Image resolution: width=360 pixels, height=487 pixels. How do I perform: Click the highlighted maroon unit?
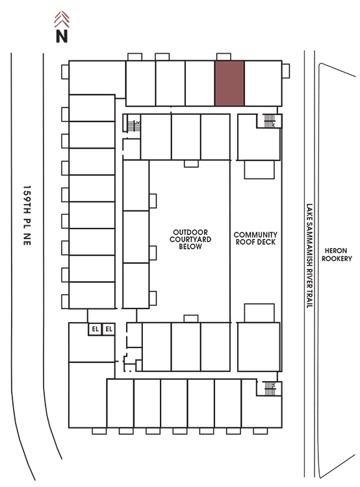click(x=229, y=83)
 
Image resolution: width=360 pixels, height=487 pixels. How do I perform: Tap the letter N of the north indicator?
click(x=62, y=36)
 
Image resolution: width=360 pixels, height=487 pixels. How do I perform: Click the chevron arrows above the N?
click(x=62, y=19)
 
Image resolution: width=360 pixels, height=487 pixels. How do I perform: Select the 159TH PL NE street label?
click(x=27, y=216)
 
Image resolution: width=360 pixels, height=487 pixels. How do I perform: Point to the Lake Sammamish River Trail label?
click(x=309, y=256)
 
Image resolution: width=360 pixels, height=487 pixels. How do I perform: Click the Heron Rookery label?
click(x=337, y=255)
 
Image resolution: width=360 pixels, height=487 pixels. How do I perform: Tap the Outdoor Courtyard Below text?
click(x=190, y=239)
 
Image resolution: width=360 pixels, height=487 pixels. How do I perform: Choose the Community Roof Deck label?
click(x=255, y=238)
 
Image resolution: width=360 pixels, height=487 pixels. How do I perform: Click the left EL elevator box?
click(x=95, y=329)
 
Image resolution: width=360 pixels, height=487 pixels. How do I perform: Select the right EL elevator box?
click(x=109, y=329)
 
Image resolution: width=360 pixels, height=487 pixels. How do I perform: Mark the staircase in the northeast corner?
click(x=270, y=121)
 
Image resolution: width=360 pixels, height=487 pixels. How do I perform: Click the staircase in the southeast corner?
click(x=270, y=388)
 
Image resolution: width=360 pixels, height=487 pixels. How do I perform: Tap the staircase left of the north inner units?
click(x=134, y=126)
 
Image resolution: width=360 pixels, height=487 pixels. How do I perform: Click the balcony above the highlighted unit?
click(x=224, y=57)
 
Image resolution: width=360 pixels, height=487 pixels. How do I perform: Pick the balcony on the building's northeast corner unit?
click(x=286, y=71)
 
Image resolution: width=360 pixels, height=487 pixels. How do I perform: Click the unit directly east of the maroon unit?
click(x=263, y=83)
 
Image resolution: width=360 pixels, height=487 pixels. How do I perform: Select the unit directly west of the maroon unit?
click(x=200, y=83)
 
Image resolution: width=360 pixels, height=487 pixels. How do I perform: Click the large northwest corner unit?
click(x=97, y=77)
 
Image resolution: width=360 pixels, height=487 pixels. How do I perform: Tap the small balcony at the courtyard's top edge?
click(x=191, y=164)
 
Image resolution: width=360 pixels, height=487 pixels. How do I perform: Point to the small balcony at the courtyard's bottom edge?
click(x=191, y=319)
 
